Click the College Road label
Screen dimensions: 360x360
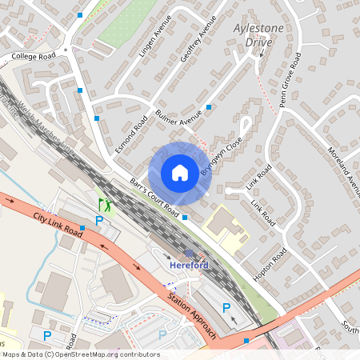pyautogui.click(x=33, y=57)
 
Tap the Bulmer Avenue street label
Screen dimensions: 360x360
pyautogui.click(x=178, y=113)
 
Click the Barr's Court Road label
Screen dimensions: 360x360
pyautogui.click(x=154, y=197)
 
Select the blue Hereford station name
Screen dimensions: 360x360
pyautogui.click(x=189, y=265)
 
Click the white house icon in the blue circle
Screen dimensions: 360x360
pyautogui.click(x=180, y=173)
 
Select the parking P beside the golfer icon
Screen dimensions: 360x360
pyautogui.click(x=99, y=220)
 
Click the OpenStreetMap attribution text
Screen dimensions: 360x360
pyautogui.click(x=80, y=354)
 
